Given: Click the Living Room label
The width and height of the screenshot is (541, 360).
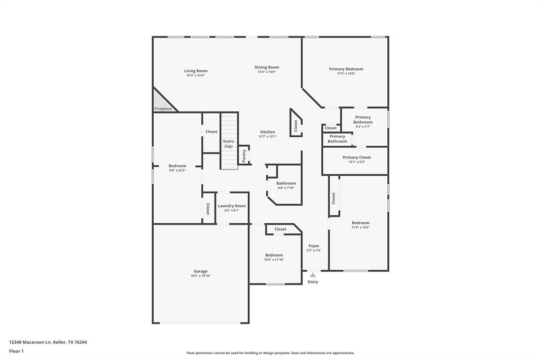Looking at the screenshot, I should click(195, 71).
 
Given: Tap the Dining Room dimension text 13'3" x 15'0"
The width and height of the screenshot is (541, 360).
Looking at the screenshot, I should click(266, 72).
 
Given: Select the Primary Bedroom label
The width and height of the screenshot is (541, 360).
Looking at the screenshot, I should click(346, 69).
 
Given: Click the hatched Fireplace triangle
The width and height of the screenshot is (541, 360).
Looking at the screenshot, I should click(160, 100).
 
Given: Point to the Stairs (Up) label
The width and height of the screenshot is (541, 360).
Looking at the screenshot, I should click(228, 144).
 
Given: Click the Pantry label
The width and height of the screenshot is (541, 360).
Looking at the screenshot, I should click(244, 155).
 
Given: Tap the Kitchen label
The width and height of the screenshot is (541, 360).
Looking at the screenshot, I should click(267, 132).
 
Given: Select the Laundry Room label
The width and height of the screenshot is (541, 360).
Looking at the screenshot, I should click(232, 206).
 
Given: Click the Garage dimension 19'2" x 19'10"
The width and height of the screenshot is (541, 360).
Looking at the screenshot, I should click(201, 276).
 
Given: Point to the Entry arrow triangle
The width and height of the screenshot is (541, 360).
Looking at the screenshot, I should click(313, 275).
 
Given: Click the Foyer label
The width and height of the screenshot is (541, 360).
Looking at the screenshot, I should click(314, 246).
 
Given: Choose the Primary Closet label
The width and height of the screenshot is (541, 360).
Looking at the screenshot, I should click(357, 157).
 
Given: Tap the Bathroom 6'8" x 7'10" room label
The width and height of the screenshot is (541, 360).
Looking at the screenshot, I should click(286, 184).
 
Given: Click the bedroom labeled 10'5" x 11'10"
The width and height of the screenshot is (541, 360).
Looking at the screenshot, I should click(274, 255).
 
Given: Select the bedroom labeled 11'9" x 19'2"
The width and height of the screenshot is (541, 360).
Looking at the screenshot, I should click(360, 223).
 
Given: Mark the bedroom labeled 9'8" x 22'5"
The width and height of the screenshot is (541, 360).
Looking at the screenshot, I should click(177, 166).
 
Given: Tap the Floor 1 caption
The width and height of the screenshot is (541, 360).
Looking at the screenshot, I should click(16, 351).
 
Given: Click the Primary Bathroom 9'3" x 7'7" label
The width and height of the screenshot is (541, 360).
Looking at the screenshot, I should click(363, 120).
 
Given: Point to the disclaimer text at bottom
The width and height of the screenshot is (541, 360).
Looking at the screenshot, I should click(270, 353).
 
